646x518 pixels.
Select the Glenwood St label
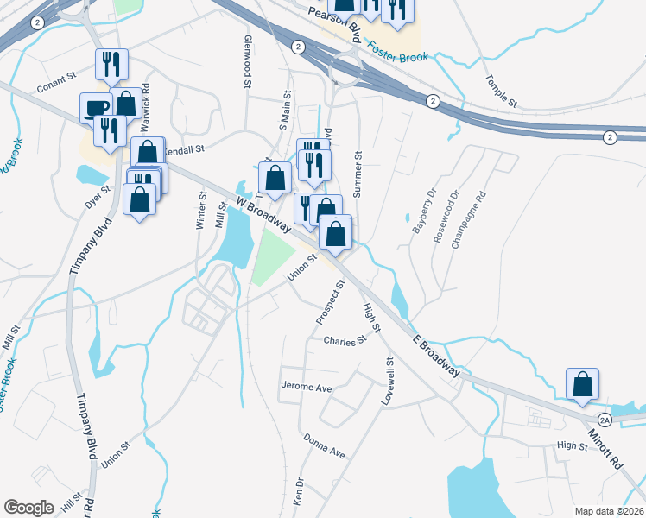[247, 63]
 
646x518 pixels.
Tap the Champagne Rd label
[469, 220]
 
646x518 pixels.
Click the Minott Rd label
[605, 451]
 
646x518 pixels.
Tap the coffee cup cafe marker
[97, 107]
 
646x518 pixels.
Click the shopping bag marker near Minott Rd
[582, 383]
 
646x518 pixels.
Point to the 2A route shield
[605, 420]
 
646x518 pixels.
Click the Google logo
[29, 507]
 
